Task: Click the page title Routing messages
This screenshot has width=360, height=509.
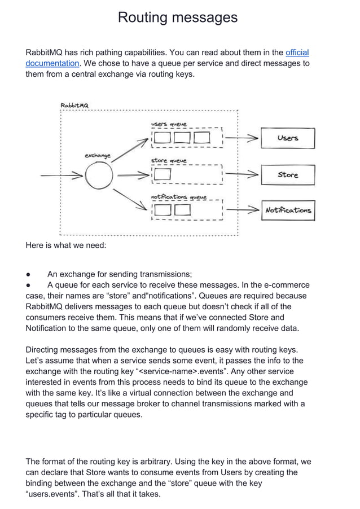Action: tap(177, 18)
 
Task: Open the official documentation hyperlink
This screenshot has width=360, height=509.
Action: tap(297, 52)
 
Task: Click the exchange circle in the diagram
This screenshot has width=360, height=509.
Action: tap(99, 176)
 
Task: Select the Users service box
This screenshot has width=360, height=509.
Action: tap(287, 138)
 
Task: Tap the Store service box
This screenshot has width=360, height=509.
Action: tap(287, 175)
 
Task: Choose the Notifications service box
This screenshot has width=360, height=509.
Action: tap(288, 210)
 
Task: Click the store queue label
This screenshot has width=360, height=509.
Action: tap(168, 161)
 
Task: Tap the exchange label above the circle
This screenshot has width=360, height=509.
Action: tap(97, 155)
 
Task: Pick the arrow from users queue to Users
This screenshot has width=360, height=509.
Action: tap(243, 138)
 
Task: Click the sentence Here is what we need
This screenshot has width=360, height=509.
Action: tap(62, 245)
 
